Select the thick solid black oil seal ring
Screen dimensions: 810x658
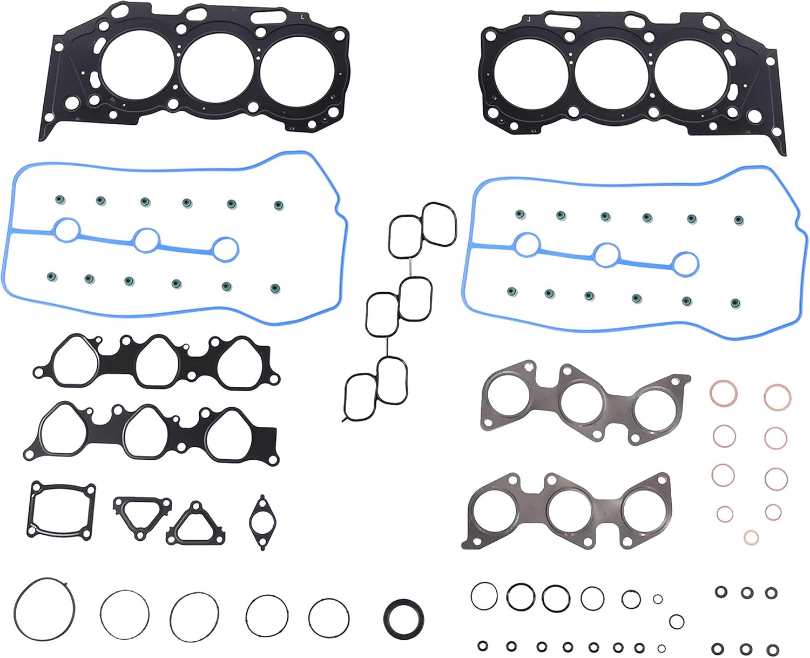pos(403,617)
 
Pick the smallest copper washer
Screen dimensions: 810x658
pos(751,537)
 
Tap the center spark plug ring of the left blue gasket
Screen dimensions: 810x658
pos(146,240)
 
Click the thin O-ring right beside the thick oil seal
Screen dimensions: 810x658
pos(329,617)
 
